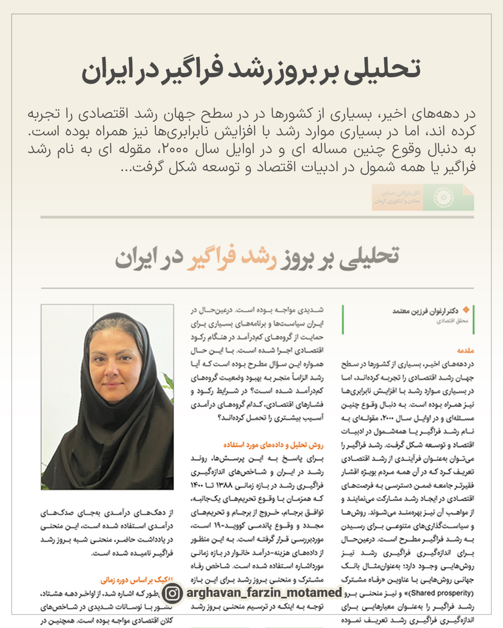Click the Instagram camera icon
click(172, 593)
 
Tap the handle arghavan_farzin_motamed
click(264, 593)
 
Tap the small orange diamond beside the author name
click(465, 310)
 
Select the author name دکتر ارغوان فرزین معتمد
click(425, 311)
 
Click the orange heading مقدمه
click(465, 350)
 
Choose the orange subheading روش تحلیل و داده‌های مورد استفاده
click(273, 445)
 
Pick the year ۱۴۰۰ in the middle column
click(197, 485)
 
